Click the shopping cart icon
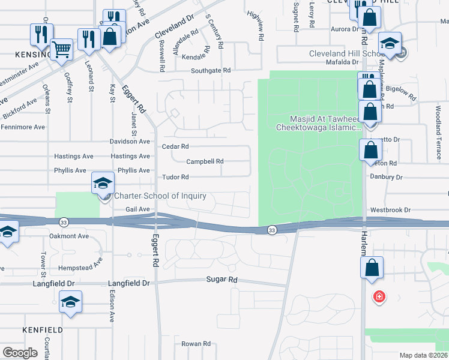coord(61,50)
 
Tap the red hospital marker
coord(379,296)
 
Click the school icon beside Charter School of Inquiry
coord(103,182)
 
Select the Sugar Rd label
coord(221,280)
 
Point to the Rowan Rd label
coord(196,344)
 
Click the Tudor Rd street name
coord(176,177)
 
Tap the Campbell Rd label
coord(205,161)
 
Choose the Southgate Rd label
coord(211,70)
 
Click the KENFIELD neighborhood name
coord(43,330)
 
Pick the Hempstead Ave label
coord(80,265)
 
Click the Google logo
coord(20,353)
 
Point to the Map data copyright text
coord(424,355)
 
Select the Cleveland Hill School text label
coord(347,53)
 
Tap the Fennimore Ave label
coord(23,127)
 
